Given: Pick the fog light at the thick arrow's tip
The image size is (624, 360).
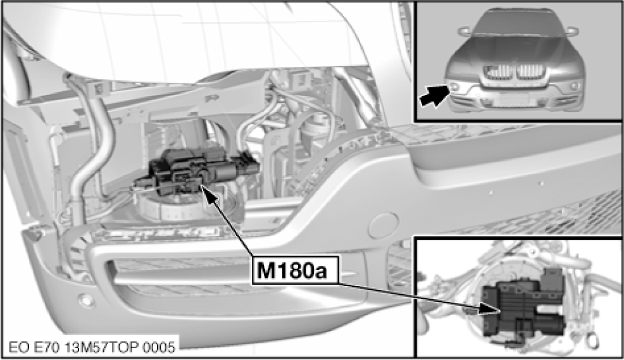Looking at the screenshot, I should click(x=454, y=87).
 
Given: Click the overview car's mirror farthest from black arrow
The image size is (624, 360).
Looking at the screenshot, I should click(x=572, y=30).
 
